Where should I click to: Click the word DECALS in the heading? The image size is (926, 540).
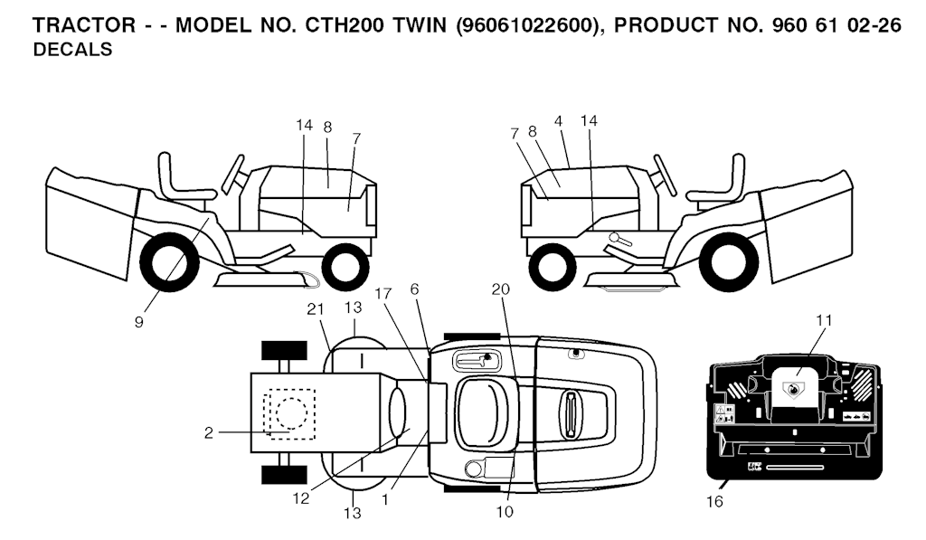point(72,50)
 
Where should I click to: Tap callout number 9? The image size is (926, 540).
point(138,322)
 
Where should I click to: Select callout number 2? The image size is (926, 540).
point(209,433)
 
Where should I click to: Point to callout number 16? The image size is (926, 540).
point(714,502)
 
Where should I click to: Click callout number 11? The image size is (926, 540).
point(824,321)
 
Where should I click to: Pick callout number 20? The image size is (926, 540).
point(500,289)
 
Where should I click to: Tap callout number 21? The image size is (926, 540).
point(316,309)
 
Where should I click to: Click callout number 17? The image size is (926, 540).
point(383,294)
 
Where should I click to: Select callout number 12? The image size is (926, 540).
point(300,498)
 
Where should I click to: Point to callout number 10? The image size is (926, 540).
point(505,512)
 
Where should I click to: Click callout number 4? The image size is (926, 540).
point(559,121)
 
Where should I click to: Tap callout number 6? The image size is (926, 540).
point(414,289)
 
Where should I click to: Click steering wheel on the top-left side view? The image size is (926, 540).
point(232,175)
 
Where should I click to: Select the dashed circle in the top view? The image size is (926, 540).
point(292,412)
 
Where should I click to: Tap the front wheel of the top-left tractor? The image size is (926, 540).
point(341,268)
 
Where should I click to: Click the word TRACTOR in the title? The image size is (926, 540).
point(84,25)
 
